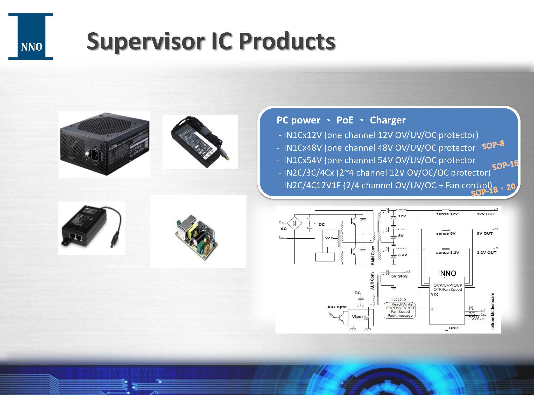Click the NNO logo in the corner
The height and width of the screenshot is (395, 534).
point(31,37)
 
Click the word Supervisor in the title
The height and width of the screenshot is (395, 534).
point(145,41)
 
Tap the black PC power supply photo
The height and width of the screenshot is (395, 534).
point(104,144)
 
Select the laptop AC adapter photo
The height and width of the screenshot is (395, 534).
point(200,142)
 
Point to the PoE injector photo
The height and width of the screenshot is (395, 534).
point(91,228)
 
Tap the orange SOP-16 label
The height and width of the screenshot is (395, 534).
point(505,165)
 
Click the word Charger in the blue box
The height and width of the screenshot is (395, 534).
point(388,120)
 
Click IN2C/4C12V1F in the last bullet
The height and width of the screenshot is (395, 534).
point(312,185)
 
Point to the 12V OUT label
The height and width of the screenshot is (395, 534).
point(486,214)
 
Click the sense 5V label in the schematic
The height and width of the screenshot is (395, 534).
point(446,233)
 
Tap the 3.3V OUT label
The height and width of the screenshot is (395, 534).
point(487,253)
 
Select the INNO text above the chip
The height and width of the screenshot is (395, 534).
point(447,273)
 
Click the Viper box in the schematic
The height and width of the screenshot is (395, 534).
point(357,317)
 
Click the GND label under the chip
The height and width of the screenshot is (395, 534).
point(453,328)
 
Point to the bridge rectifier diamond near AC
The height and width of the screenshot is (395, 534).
point(294,223)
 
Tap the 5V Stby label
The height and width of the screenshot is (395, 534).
point(399,276)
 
